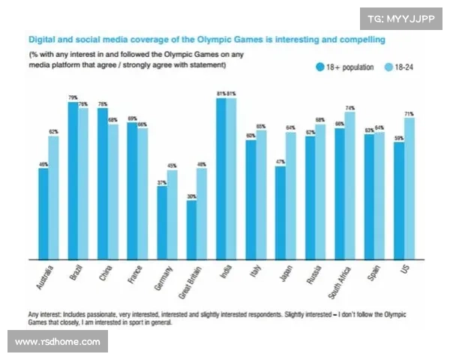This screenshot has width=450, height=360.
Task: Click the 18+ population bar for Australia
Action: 43,211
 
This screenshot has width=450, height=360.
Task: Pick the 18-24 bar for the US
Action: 409,186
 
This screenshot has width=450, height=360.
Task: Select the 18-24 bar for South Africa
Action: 349,184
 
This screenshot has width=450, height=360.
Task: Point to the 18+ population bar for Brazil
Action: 73,178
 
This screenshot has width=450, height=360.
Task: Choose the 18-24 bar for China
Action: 112,190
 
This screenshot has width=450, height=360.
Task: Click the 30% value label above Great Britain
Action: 191,196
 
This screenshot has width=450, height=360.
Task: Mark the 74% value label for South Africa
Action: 350,108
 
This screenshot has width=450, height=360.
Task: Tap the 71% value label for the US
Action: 409,114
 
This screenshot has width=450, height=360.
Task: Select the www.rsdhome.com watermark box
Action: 58,342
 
